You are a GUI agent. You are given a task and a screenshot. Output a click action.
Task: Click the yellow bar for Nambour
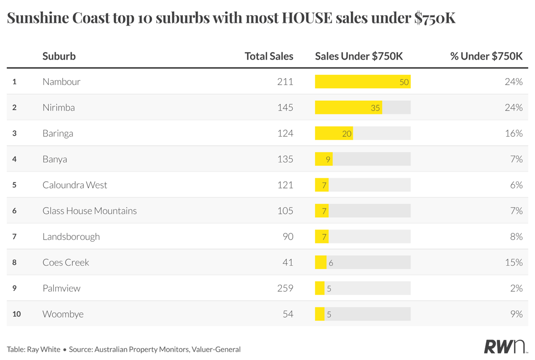point(363,82)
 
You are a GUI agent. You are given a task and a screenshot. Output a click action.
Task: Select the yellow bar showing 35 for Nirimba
point(348,107)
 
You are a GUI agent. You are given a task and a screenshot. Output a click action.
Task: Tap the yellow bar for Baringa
point(334,133)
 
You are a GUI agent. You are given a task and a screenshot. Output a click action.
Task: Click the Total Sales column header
point(269,56)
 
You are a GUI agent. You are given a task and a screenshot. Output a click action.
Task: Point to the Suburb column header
point(59,56)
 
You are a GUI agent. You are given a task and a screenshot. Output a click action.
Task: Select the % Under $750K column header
point(486,56)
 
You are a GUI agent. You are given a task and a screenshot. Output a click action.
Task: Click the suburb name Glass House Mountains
point(89,211)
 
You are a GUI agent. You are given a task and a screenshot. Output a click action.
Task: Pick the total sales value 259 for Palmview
point(285,288)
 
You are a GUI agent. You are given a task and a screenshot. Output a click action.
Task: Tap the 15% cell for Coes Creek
point(514,262)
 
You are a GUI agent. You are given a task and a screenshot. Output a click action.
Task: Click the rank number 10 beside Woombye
point(17,314)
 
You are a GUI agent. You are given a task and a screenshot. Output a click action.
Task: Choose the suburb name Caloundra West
point(75,185)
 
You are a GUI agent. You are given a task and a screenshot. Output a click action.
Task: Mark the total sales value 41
point(288,262)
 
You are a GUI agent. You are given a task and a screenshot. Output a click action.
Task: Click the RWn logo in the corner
point(505,346)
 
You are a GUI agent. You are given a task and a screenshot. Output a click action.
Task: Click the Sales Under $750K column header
point(359,56)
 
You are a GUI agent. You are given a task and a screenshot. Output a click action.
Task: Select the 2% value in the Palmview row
point(516,288)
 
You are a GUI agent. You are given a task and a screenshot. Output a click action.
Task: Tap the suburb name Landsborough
point(71,236)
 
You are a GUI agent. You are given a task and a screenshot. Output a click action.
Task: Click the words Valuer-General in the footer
point(216,349)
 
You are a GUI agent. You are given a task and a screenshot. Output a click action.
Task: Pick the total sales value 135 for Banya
point(285,159)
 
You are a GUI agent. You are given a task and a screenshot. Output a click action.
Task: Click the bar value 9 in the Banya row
point(328,159)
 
